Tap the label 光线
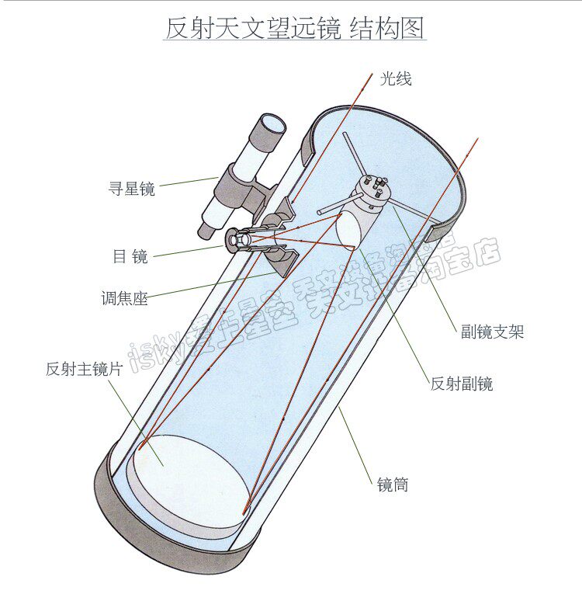click(396, 78)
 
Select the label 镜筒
click(393, 485)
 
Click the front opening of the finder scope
click(272, 124)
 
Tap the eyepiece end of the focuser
click(234, 241)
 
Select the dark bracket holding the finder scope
click(233, 186)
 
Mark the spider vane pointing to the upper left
click(352, 155)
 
